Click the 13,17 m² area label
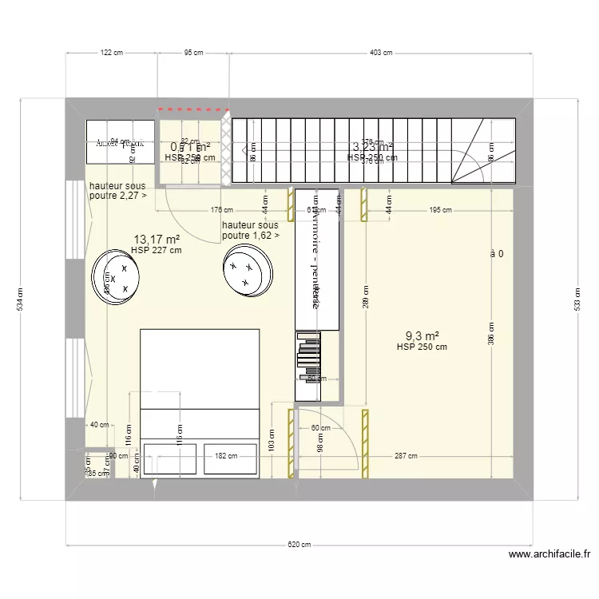157,239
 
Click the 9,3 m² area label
423,336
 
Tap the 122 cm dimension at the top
111,53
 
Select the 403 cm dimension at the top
380,53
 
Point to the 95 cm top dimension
193,53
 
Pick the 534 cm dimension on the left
19,299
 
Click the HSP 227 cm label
157,250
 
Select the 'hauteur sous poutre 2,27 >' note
117,189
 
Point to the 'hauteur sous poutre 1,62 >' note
251,231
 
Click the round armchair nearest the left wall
117,276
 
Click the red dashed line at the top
193,109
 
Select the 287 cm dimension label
406,457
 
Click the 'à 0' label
497,254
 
